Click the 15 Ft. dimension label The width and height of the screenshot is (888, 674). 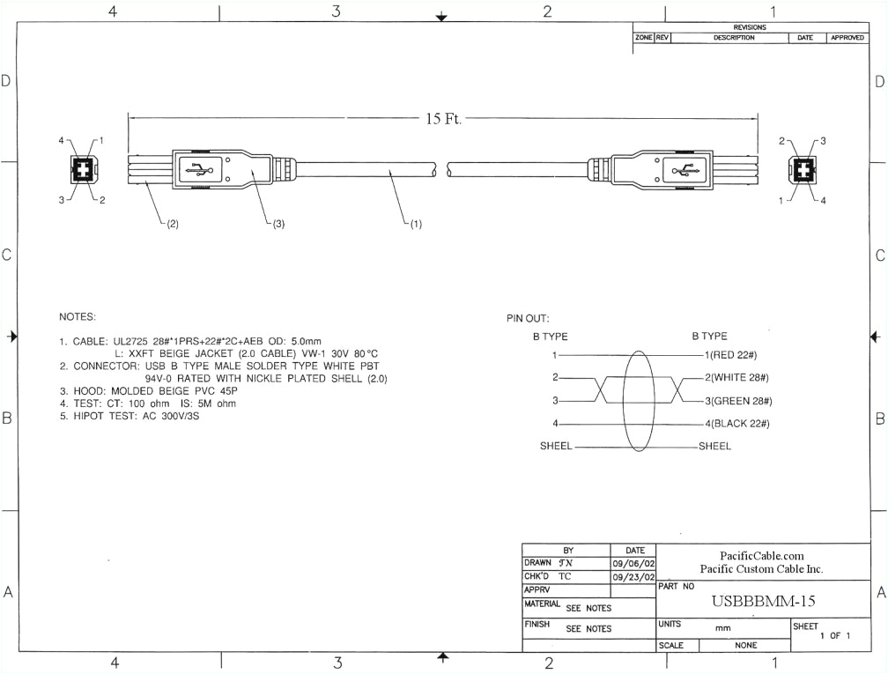coord(444,119)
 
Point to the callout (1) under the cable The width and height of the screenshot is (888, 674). coord(413,224)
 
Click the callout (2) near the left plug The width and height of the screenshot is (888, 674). coord(170,224)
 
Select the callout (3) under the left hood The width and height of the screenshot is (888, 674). coord(276,224)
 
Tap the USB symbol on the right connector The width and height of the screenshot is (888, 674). coord(684,170)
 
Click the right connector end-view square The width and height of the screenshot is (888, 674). coord(803,170)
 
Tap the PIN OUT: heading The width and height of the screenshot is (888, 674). coord(527,319)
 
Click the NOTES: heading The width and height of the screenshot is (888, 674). coord(78,316)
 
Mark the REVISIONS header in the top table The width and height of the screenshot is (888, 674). coord(750,27)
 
